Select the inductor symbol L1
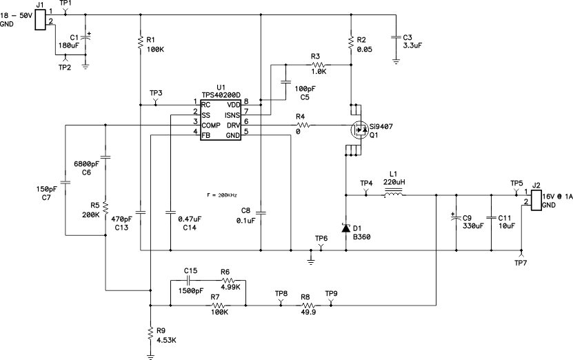pos(394,195)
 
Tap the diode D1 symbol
pos(344,226)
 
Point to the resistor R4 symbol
pos(305,126)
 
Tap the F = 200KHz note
pos(223,195)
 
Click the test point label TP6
pos(321,238)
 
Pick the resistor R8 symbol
pos(305,305)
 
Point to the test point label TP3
pos(156,92)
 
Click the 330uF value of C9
pos(472,226)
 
